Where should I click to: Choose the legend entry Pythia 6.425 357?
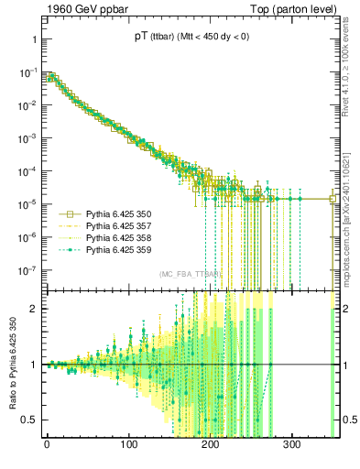pos(120,224)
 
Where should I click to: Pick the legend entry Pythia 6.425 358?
pos(120,236)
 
